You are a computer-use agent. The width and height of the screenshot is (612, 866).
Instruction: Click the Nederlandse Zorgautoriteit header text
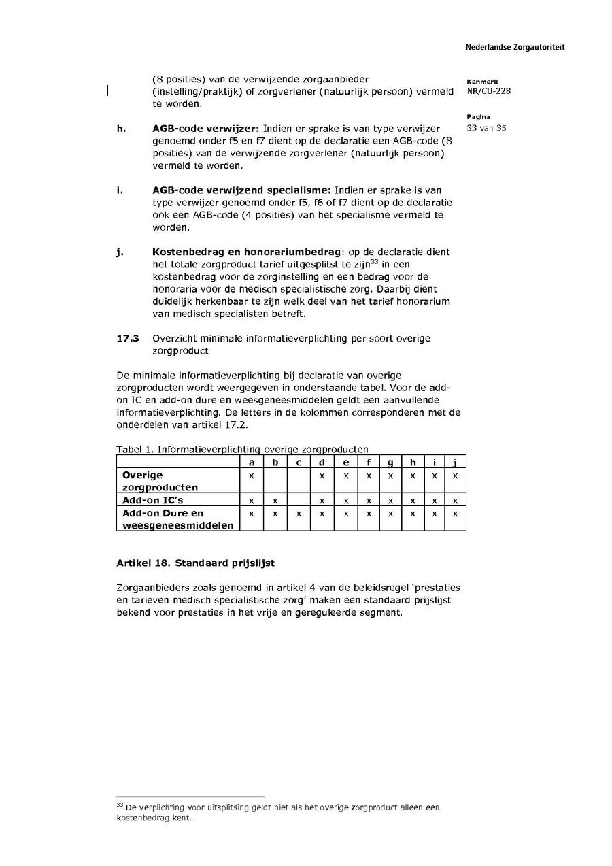click(515, 48)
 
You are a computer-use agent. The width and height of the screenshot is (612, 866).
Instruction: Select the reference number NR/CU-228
click(489, 91)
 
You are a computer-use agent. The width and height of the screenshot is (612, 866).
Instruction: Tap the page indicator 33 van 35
click(486, 128)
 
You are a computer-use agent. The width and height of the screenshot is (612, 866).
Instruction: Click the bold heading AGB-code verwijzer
click(204, 129)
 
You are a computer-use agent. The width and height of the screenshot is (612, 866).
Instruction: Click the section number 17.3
click(128, 338)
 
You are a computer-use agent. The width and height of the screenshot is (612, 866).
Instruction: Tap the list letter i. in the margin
click(120, 190)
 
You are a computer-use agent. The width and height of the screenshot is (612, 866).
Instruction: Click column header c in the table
click(299, 463)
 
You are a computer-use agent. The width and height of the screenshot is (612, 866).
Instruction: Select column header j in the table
click(455, 463)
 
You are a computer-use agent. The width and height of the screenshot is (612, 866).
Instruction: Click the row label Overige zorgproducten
click(160, 481)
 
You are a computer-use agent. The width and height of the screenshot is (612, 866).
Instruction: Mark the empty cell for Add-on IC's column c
click(299, 500)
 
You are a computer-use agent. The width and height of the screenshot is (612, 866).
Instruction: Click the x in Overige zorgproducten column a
click(252, 476)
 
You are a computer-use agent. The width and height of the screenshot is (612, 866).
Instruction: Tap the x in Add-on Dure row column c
click(299, 514)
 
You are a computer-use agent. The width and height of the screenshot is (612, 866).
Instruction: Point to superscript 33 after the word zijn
click(374, 261)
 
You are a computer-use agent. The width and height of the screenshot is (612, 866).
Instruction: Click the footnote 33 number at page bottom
click(120, 805)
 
